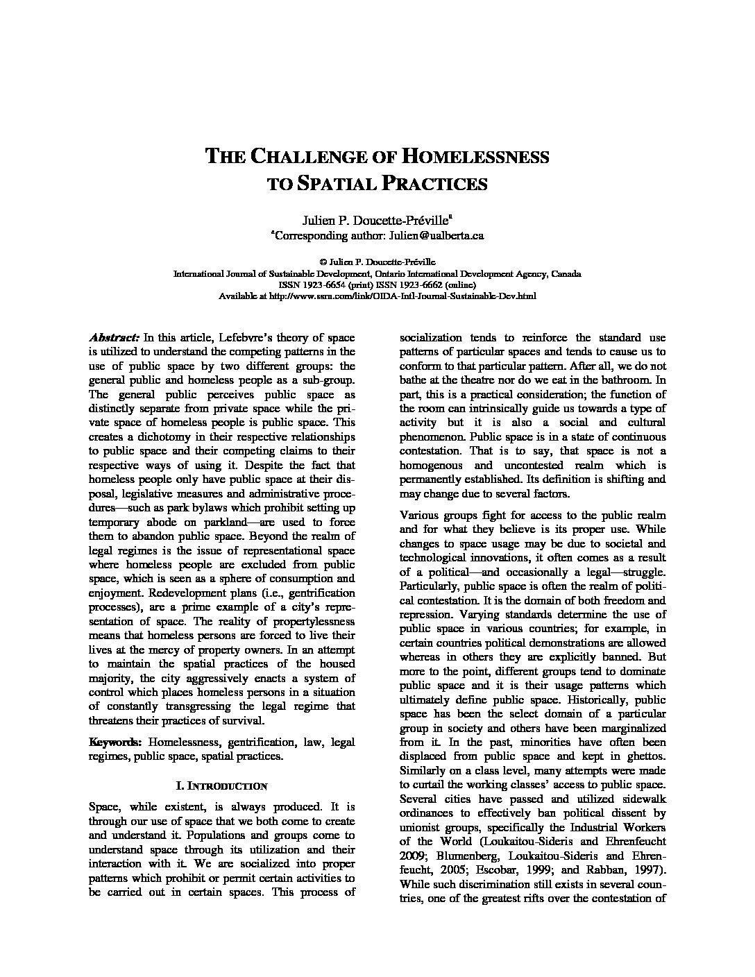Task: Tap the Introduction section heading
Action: coord(222,786)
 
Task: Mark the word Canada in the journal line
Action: coord(567,274)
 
